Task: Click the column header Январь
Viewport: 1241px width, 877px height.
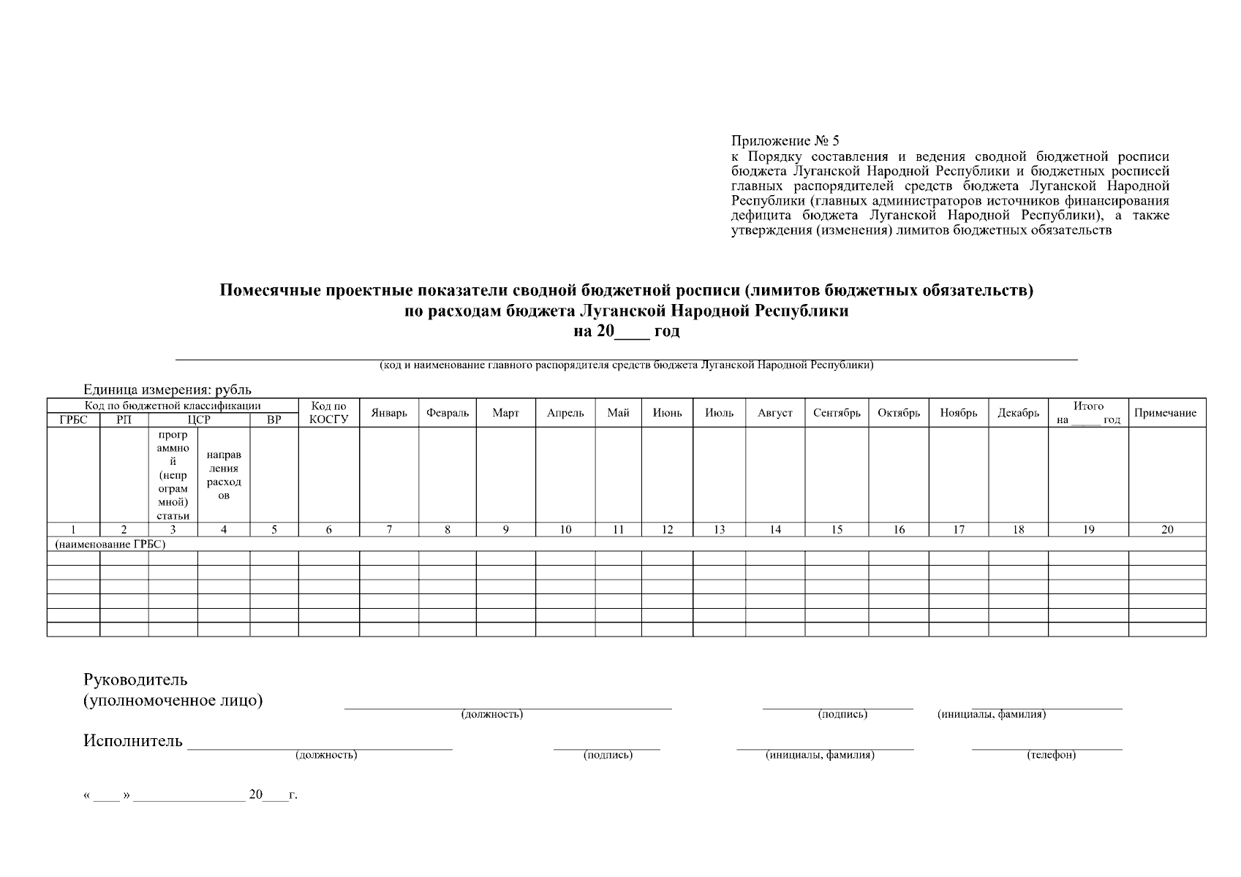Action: click(389, 413)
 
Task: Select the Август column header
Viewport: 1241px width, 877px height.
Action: click(775, 413)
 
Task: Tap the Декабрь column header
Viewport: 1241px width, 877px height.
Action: click(1018, 413)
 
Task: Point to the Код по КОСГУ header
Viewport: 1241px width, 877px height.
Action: click(328, 413)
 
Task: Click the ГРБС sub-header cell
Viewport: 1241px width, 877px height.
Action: click(73, 420)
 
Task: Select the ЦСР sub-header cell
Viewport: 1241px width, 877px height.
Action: click(199, 420)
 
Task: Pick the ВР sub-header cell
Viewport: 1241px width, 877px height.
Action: click(274, 420)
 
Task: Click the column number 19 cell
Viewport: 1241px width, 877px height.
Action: click(1088, 530)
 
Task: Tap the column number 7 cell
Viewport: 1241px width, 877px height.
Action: click(389, 530)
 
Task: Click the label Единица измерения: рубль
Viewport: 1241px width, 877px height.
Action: click(167, 390)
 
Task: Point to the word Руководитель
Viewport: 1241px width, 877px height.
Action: click(135, 680)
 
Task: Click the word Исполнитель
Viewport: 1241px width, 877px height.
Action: click(133, 741)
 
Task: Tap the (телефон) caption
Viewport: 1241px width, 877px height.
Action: click(1051, 755)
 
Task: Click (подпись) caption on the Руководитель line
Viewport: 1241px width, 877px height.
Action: click(842, 714)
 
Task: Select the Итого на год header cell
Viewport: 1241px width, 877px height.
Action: click(1088, 413)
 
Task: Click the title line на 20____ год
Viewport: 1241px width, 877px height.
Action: click(626, 331)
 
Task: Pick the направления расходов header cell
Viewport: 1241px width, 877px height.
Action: click(224, 475)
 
